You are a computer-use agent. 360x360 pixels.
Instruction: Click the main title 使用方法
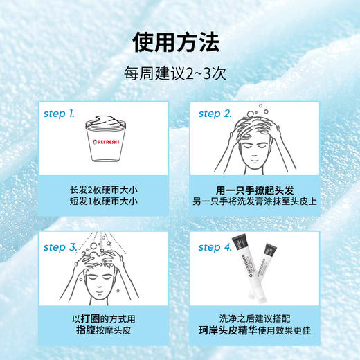tap(179, 42)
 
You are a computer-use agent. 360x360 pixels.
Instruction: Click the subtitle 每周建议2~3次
tap(179, 73)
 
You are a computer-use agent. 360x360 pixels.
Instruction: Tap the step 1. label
tap(60, 112)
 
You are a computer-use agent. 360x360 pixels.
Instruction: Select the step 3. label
tap(60, 246)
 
